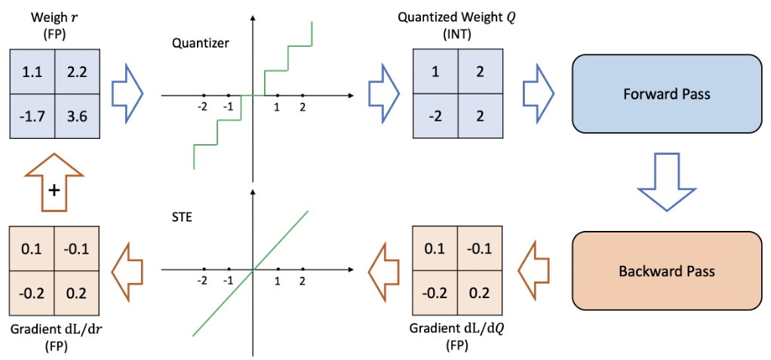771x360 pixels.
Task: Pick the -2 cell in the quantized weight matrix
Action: pos(436,117)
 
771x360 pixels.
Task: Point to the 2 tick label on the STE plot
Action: pos(303,281)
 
